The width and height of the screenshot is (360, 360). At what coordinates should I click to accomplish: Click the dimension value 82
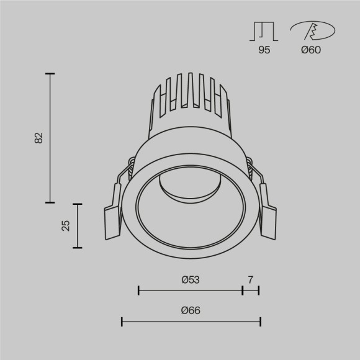pyautogui.click(x=38, y=138)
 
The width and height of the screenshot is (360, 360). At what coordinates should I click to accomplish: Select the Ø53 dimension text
pyautogui.click(x=191, y=280)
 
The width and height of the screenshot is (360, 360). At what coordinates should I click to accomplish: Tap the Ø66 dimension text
pyautogui.click(x=191, y=311)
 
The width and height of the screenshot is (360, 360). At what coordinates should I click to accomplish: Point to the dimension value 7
pyautogui.click(x=250, y=280)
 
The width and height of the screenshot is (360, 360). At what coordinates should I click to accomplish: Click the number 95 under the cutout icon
pyautogui.click(x=264, y=50)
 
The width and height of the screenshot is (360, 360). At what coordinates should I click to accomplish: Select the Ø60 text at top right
pyautogui.click(x=310, y=50)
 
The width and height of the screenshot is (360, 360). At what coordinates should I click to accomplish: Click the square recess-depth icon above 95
pyautogui.click(x=264, y=31)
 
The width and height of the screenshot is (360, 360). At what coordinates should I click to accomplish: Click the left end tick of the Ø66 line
pyautogui.click(x=122, y=322)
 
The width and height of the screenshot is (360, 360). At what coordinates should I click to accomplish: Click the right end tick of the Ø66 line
pyautogui.click(x=260, y=322)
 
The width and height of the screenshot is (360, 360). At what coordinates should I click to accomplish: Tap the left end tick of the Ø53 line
pyautogui.click(x=138, y=290)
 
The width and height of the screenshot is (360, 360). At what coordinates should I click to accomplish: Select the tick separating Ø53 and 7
pyautogui.click(x=243, y=290)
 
